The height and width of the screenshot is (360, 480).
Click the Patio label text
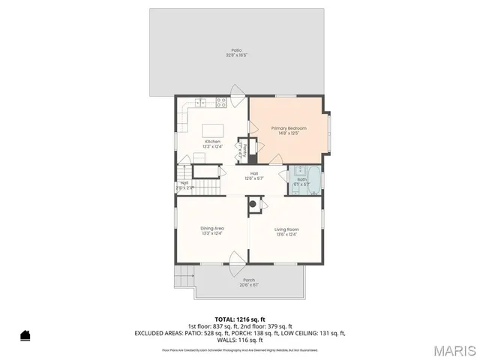[236, 52]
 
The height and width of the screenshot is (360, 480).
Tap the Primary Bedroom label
[289, 130]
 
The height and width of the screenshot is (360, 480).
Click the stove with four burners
[222, 102]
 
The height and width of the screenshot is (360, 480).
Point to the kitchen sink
[200, 102]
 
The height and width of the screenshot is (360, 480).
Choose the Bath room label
[301, 181]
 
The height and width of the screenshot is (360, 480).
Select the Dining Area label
[212, 230]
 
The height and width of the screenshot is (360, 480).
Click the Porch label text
[249, 282]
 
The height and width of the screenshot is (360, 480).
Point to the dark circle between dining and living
[253, 203]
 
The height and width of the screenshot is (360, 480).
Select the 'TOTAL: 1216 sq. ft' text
[239, 319]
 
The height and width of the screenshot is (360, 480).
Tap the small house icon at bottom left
[25, 335]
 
